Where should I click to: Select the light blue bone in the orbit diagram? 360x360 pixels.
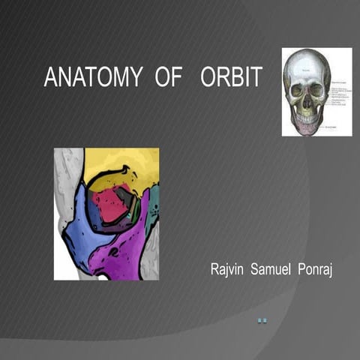pyautogui.click(x=82, y=240)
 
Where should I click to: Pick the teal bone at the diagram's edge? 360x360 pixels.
pyautogui.click(x=154, y=202)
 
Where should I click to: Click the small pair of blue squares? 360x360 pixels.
pyautogui.click(x=262, y=321)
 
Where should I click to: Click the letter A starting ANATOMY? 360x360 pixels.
pyautogui.click(x=49, y=77)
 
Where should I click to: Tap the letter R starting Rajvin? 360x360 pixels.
pyautogui.click(x=213, y=268)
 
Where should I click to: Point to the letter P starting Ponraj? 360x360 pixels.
pyautogui.click(x=299, y=268)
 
